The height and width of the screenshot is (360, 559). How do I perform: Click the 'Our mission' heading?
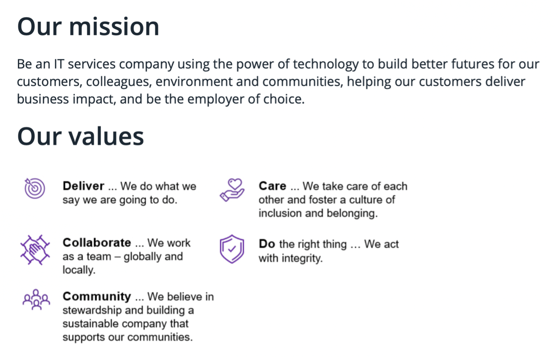tap(88, 27)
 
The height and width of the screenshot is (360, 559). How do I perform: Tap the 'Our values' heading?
tap(80, 136)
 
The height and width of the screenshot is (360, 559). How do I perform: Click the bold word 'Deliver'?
tap(83, 186)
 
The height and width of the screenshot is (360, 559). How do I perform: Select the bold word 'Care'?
tap(272, 186)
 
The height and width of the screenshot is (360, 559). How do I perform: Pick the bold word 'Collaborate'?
tap(97, 243)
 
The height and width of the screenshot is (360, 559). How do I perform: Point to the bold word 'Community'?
tap(97, 297)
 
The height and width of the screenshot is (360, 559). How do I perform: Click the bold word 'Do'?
tap(267, 244)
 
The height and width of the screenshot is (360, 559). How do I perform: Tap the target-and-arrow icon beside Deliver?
tap(35, 188)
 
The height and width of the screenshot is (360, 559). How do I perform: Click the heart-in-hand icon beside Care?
tap(232, 190)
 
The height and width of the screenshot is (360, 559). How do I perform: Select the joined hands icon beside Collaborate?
tap(35, 250)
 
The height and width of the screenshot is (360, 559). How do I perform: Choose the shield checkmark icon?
tap(232, 249)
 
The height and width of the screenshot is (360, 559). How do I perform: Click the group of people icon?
tap(36, 300)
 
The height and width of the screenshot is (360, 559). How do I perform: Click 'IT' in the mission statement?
tap(59, 64)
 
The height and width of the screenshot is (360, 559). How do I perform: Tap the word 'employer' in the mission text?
tap(216, 99)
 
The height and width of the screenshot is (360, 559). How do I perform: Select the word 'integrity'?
tap(302, 258)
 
